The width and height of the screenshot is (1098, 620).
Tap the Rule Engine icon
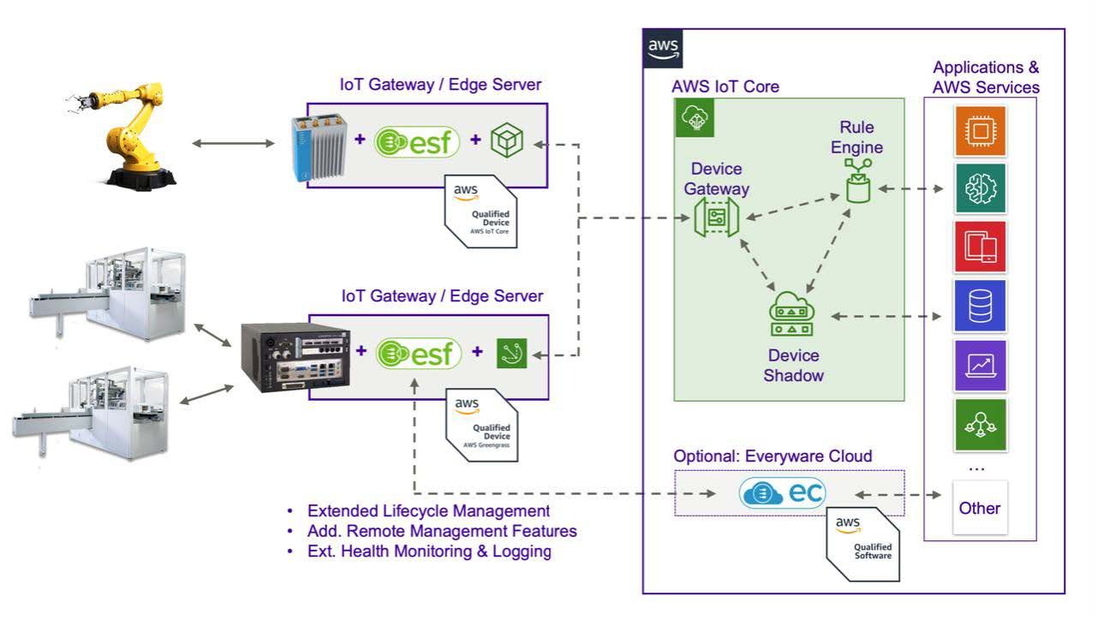click(x=857, y=182)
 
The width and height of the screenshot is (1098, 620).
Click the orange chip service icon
click(x=980, y=131)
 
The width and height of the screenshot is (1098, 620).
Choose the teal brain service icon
click(x=980, y=189)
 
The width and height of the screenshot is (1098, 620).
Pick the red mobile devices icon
click(x=980, y=247)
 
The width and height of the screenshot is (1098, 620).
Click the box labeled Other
click(x=980, y=508)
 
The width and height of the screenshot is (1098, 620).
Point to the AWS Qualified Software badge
click(x=862, y=543)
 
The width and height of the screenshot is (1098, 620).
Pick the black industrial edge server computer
click(x=295, y=356)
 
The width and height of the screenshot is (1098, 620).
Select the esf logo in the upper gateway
click(x=419, y=141)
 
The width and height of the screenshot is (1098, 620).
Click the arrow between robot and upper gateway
click(x=224, y=142)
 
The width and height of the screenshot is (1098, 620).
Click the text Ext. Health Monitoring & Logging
click(x=428, y=551)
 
